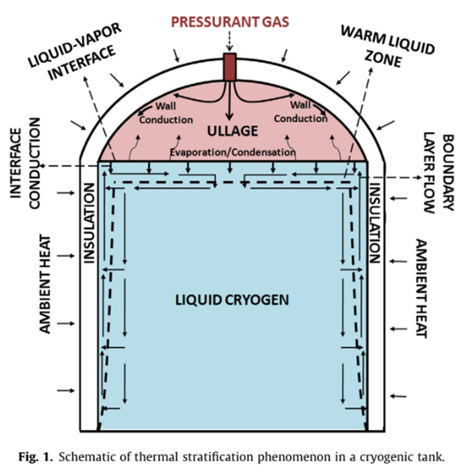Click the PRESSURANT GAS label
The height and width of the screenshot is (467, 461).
[230, 22]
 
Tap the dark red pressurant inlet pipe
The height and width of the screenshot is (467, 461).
[230, 67]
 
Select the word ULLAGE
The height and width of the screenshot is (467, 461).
[232, 131]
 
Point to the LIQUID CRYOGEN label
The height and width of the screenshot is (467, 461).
[232, 300]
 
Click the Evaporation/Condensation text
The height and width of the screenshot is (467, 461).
[233, 152]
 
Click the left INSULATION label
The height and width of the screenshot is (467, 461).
[89, 223]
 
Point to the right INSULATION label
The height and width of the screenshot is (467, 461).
[375, 224]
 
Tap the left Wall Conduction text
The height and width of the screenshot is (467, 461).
[166, 113]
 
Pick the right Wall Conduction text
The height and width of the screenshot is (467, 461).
[301, 112]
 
